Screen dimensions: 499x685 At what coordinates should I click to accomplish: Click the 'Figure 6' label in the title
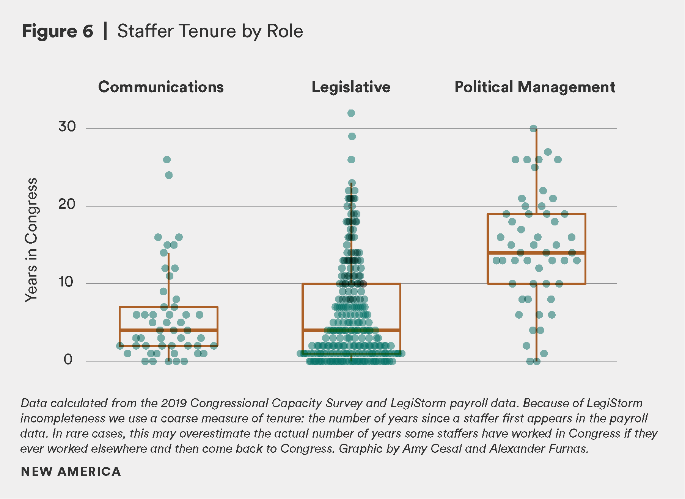tap(57, 31)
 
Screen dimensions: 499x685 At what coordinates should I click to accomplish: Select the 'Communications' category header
tap(161, 87)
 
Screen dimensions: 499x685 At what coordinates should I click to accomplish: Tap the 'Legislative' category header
tap(351, 87)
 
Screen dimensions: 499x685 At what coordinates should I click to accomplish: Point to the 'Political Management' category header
tap(535, 87)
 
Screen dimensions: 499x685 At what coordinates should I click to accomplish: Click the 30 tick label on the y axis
tap(67, 127)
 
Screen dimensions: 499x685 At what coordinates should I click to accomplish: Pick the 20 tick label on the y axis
tap(67, 204)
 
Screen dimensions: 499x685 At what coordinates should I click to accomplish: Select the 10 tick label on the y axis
tap(67, 282)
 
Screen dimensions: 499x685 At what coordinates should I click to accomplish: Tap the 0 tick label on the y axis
tap(68, 359)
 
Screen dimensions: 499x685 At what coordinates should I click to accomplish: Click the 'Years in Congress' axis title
tap(31, 240)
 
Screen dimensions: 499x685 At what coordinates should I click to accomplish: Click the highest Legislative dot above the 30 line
tap(351, 113)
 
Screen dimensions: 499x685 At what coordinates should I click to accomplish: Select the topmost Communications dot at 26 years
tap(167, 160)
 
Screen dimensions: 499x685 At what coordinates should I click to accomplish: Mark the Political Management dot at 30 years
tap(533, 129)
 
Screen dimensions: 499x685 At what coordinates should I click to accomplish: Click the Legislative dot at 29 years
tap(352, 136)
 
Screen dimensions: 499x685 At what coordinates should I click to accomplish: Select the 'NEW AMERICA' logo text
tap(71, 472)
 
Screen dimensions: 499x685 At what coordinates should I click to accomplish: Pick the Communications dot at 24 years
tap(169, 175)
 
